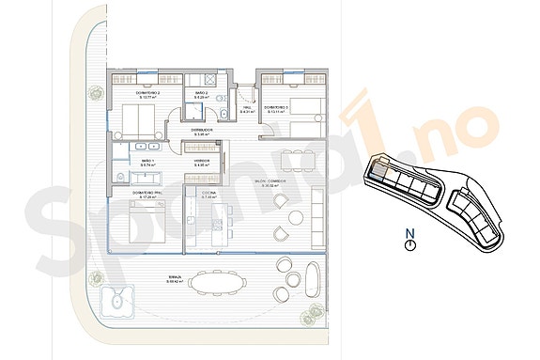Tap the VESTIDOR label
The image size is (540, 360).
pos(202,164)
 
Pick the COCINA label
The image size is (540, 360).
pos(210,194)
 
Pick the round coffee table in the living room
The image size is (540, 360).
pos(296,218)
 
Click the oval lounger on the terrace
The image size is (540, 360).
pos(309,280)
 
